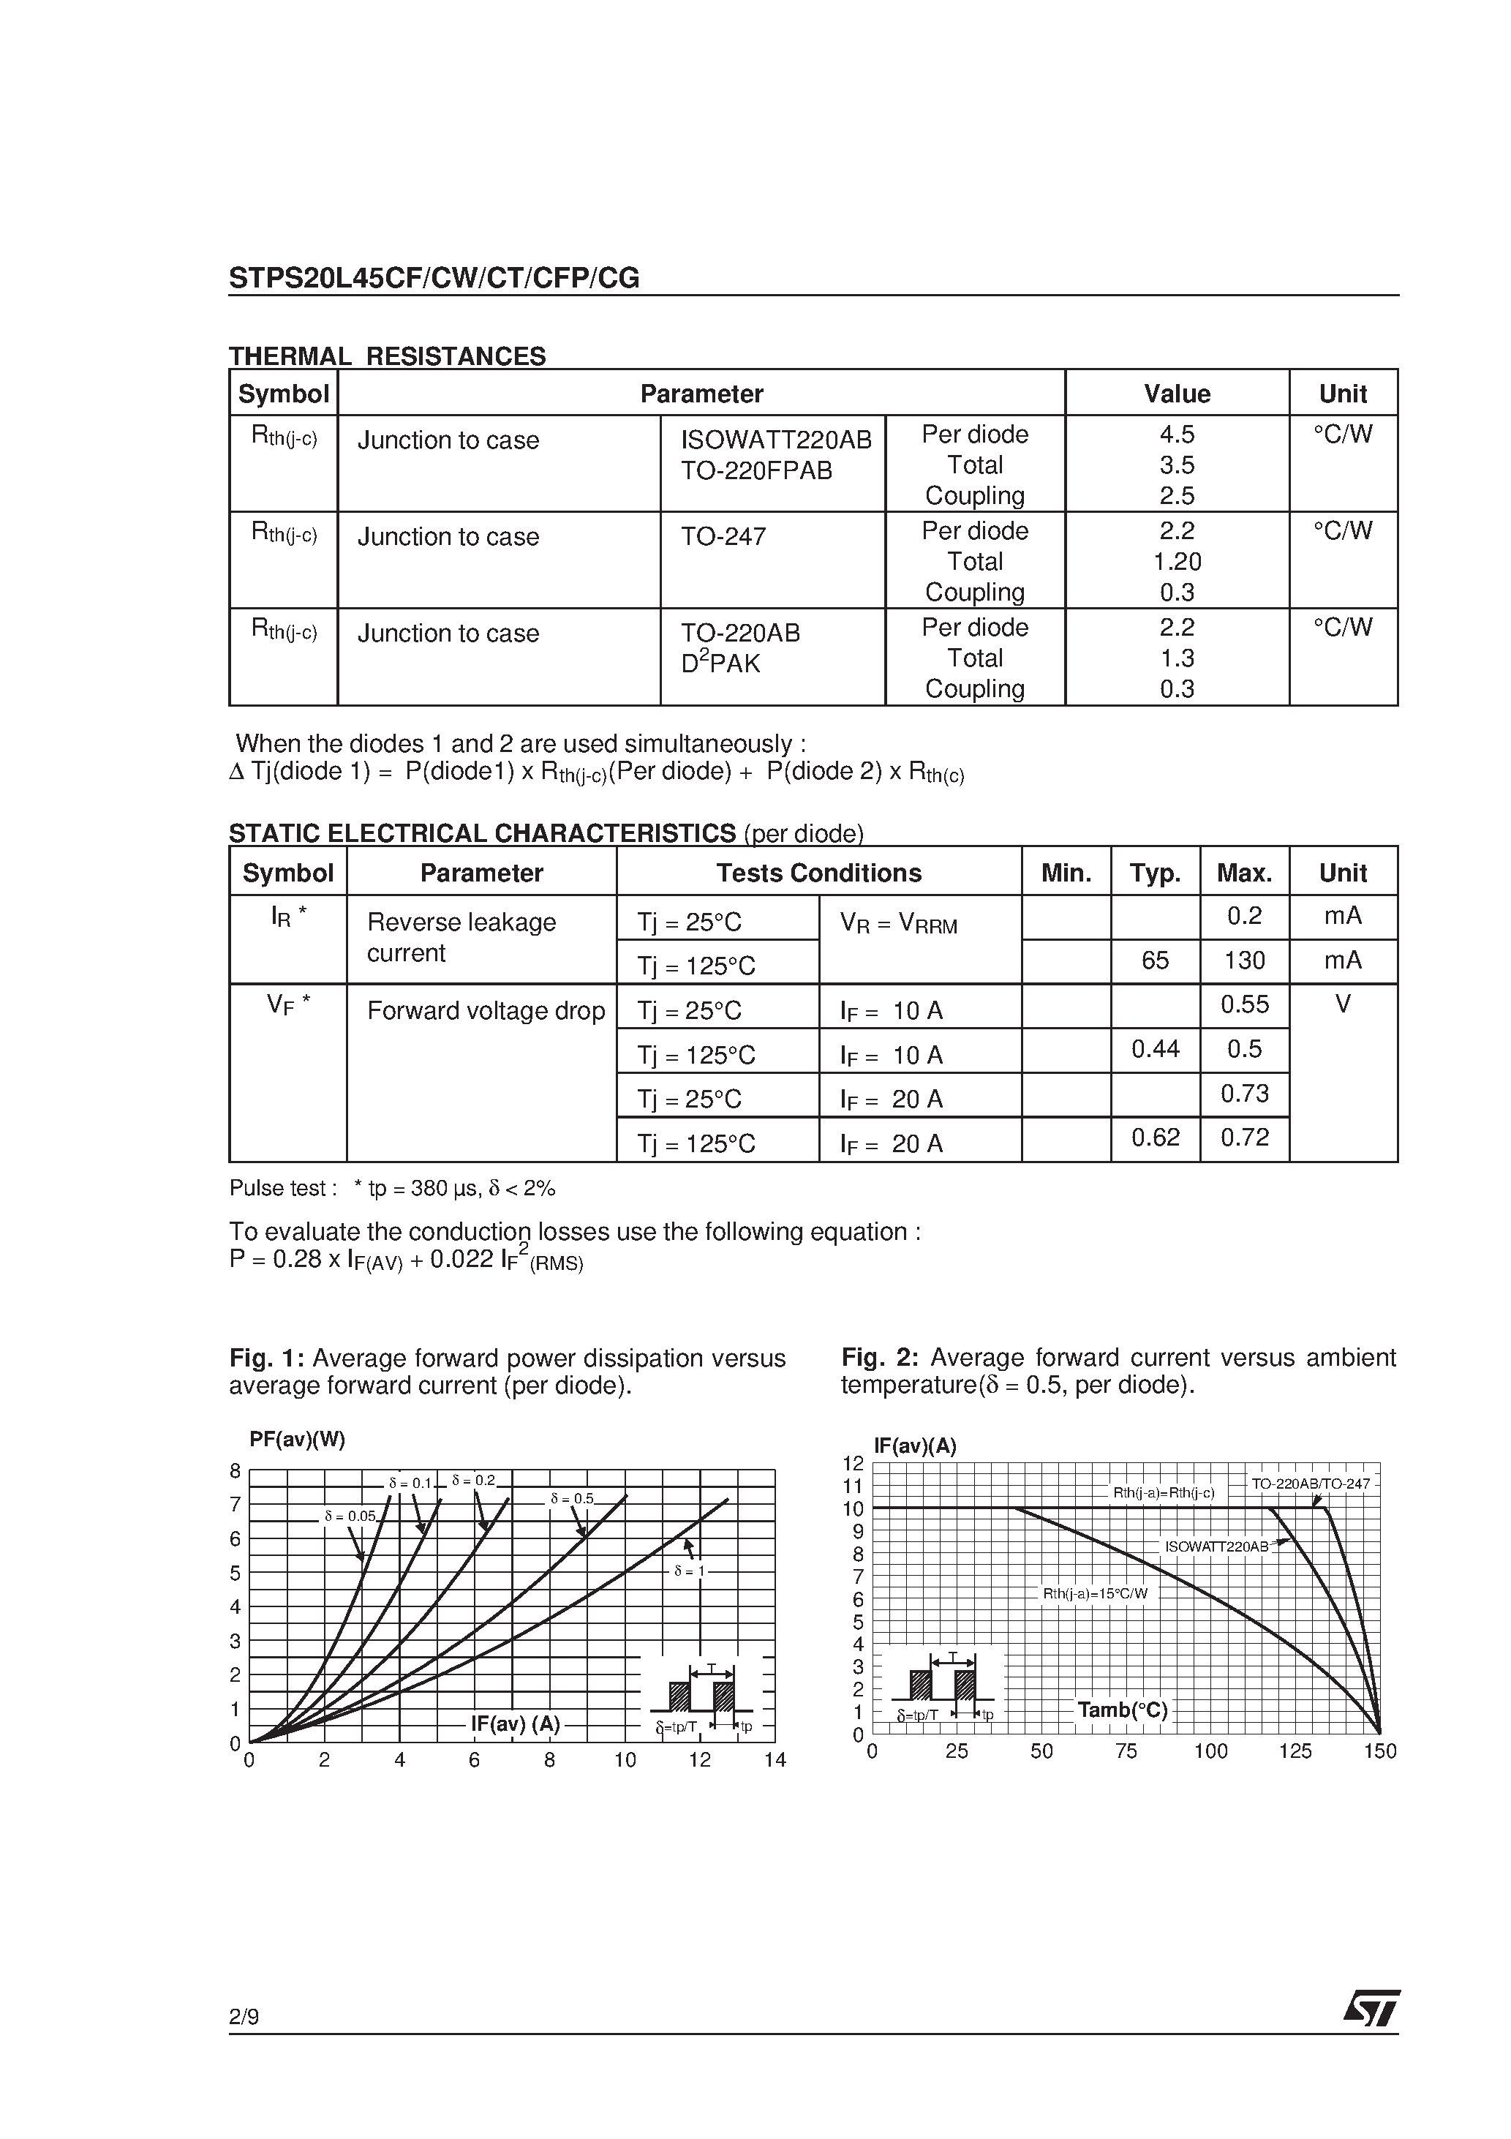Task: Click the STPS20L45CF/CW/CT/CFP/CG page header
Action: [x=434, y=279]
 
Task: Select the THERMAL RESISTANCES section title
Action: [x=388, y=357]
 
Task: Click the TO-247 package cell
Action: [x=724, y=538]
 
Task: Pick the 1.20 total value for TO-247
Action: [x=1177, y=562]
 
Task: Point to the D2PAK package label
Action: [x=720, y=663]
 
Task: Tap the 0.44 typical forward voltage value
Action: [x=1155, y=1050]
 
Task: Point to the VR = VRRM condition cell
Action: [x=898, y=924]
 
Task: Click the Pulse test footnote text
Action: [x=392, y=1189]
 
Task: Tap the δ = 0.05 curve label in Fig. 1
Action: [x=350, y=1516]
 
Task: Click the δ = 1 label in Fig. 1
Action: [x=690, y=1571]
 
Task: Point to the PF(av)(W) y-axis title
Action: [x=297, y=1440]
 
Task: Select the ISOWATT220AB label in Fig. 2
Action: [x=1216, y=1546]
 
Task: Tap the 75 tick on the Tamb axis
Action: [x=1126, y=1751]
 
